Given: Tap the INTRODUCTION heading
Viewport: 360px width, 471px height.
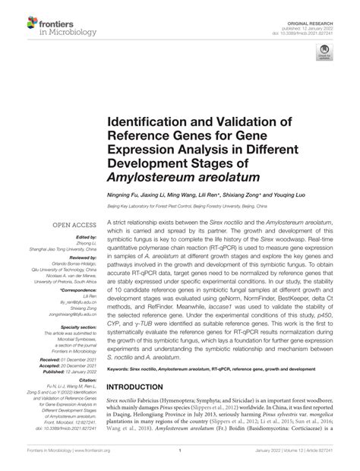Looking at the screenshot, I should click(x=142, y=384).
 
